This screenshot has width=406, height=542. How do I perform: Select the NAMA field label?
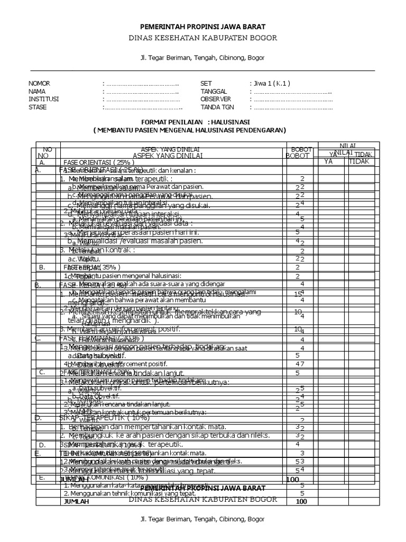point(36,91)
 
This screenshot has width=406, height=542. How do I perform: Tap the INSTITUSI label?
point(43,99)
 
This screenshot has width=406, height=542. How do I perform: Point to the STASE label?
point(38,107)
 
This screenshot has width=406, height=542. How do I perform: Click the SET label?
point(206,84)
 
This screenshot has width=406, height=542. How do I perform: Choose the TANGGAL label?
point(213,91)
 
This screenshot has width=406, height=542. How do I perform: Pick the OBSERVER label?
point(216,99)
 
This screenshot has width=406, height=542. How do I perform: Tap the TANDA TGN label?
point(217,107)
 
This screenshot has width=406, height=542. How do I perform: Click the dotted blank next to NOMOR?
point(143,84)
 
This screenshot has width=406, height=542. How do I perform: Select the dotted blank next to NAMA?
point(143,91)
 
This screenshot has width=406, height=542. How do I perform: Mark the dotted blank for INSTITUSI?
point(143,99)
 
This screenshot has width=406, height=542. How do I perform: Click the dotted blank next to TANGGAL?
point(293,91)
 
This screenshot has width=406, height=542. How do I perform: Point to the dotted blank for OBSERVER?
point(293,99)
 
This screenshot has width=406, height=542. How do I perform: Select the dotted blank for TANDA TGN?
point(293,107)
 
